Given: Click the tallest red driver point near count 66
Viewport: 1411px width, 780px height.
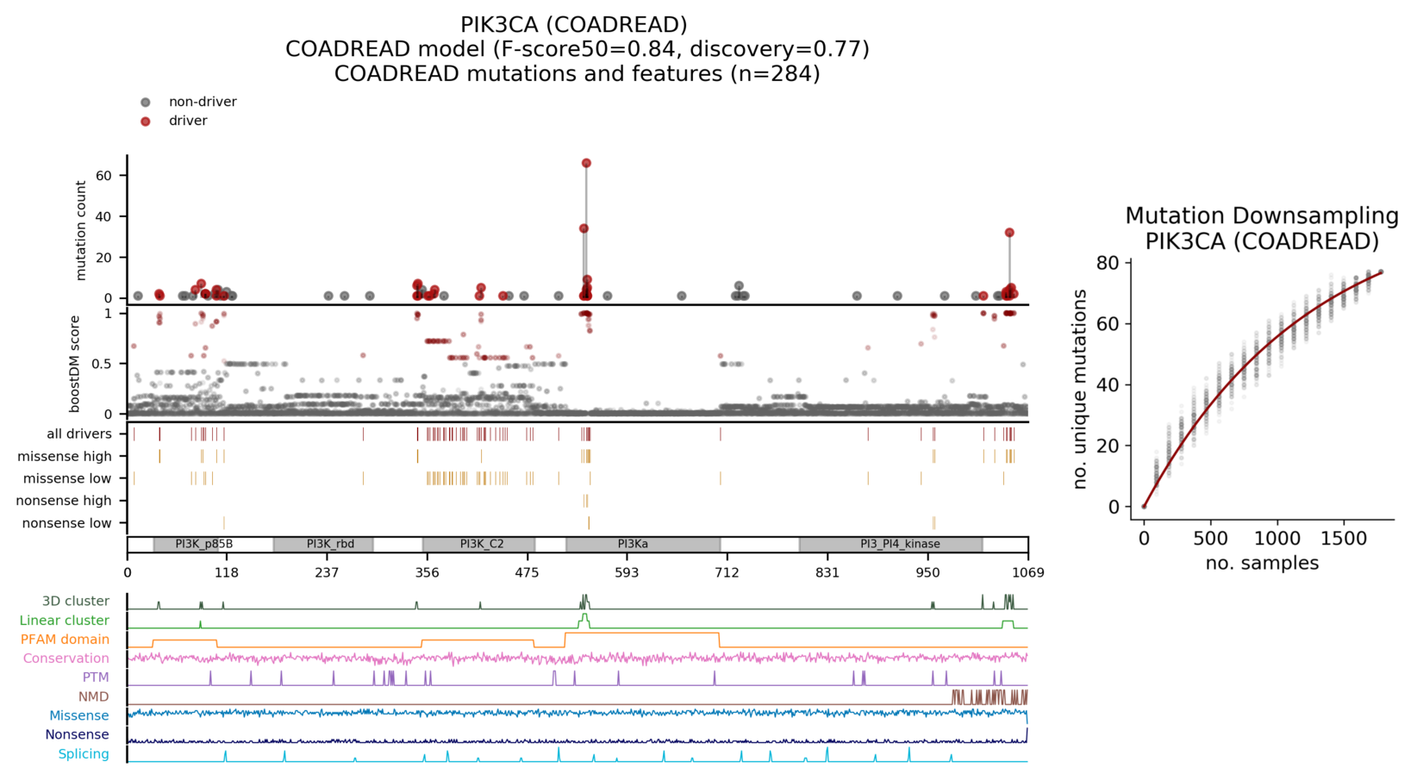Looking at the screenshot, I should point(586,163).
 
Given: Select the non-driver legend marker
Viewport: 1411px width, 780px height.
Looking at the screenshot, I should point(146,102).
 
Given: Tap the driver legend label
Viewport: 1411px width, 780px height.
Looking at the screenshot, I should point(188,121).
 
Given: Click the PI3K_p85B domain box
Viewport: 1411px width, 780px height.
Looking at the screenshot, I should point(203,544).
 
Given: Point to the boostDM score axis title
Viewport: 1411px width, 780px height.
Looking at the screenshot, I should point(75,363).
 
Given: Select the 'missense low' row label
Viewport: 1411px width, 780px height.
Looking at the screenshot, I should point(67,478).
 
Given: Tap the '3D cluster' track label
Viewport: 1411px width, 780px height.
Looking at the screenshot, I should point(76,602).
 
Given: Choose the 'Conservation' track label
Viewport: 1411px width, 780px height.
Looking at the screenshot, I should point(66,658).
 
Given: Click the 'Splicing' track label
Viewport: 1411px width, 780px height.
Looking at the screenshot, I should point(84,754).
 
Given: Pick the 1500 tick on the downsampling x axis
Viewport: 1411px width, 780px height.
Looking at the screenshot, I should point(1343,539).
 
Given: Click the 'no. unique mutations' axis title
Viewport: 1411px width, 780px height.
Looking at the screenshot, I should point(1080,390).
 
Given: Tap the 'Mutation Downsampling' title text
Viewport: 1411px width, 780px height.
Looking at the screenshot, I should point(1261,215).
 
